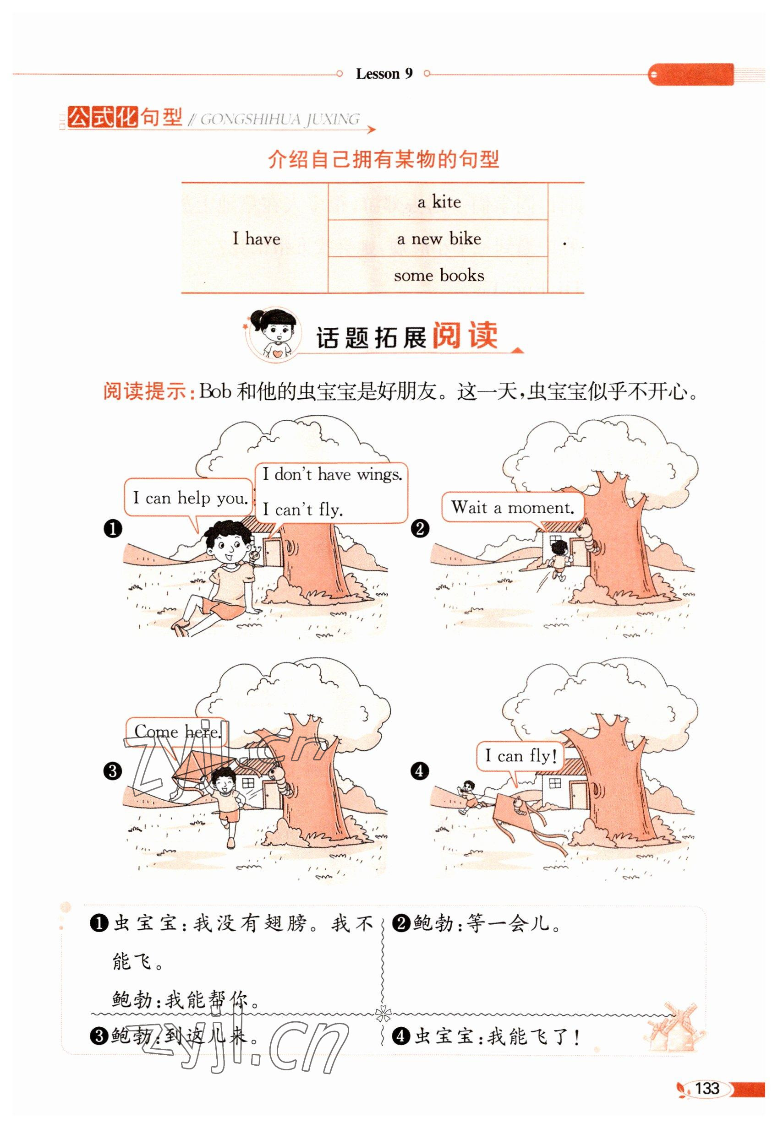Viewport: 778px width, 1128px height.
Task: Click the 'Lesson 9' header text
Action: click(384, 74)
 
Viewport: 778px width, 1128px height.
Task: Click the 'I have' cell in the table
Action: click(256, 239)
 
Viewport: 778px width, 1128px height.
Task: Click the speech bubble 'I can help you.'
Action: click(189, 500)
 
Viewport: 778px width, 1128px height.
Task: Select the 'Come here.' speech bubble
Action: click(177, 732)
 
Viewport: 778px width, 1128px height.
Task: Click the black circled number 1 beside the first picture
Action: click(113, 528)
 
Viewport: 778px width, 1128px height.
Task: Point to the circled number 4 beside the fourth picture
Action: click(420, 771)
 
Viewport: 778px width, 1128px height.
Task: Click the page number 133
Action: click(707, 1088)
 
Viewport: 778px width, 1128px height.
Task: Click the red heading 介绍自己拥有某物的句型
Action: click(384, 159)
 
